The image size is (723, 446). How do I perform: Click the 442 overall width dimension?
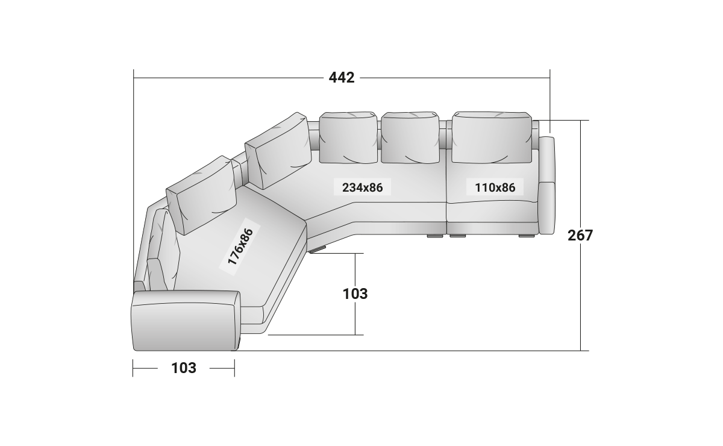pos(342,78)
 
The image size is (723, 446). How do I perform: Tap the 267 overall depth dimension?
pos(580,235)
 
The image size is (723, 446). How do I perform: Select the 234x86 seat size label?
pos(362,187)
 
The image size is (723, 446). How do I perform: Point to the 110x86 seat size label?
pos(495,187)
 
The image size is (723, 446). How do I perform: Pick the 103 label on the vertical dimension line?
pos(355,294)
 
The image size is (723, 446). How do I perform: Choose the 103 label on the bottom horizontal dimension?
pos(184,368)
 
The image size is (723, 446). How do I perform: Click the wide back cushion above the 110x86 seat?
pos(492,137)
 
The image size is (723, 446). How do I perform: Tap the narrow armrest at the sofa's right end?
pos(547,186)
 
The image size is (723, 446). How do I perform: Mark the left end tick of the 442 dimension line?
pos(133,78)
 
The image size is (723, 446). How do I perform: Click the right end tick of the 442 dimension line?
pos(550,78)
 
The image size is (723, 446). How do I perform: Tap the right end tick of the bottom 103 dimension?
pos(234,368)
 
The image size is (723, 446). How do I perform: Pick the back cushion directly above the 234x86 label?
pos(348,137)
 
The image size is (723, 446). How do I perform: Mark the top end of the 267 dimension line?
pos(581,121)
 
